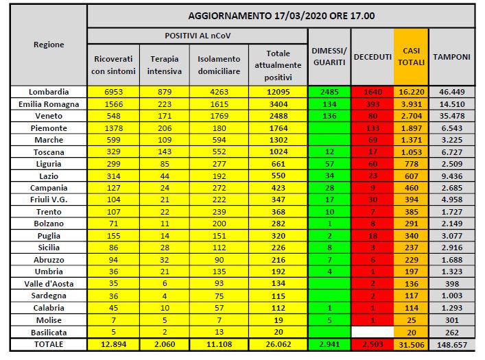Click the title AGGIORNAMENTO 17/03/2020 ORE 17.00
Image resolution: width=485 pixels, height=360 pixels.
coord(281,15)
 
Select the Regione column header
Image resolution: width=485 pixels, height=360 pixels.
coord(49,45)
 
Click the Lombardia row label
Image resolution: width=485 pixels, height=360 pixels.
coord(49,91)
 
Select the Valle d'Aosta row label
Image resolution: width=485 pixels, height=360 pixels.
coord(49,283)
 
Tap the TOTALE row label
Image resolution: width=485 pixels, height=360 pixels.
coord(49,344)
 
